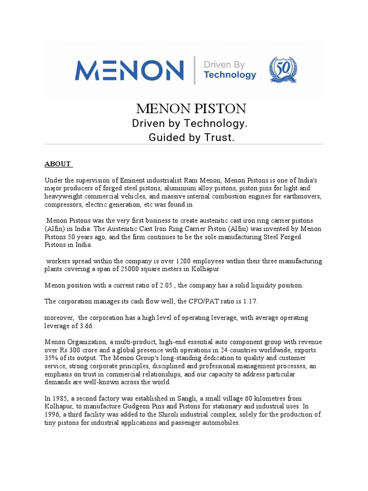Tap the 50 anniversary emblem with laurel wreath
point(283,70)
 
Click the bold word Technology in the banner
point(230,75)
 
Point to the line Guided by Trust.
point(184,138)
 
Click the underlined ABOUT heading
point(57,164)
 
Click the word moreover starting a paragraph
point(59,318)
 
